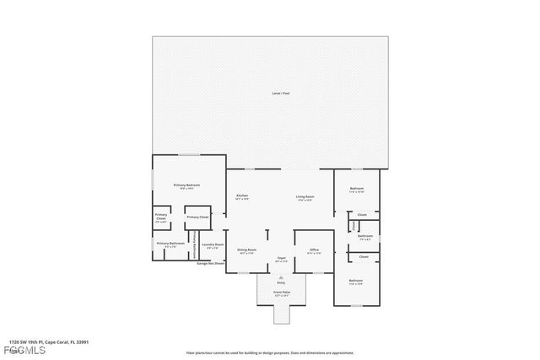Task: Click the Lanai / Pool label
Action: [x=270, y=93]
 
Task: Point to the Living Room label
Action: [x=305, y=197]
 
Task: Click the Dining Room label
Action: [x=246, y=251]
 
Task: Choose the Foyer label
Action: [x=282, y=260]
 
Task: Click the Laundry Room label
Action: [x=213, y=246]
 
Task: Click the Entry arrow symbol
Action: [x=282, y=277]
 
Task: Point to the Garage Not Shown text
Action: [x=211, y=264]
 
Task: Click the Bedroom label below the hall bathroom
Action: [x=356, y=282]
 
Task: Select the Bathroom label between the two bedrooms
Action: [x=365, y=237]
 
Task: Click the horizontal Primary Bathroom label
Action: [x=170, y=244]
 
